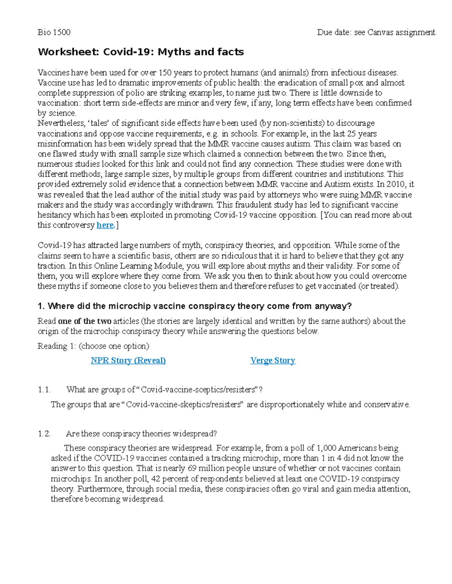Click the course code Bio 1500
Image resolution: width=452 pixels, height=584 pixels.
[x=54, y=32]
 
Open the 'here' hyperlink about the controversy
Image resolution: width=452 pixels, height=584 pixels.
[x=105, y=225]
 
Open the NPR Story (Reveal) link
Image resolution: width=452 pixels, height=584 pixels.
[x=128, y=361]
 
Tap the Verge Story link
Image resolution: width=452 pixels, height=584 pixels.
[x=273, y=361]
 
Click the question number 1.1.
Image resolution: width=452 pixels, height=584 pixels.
[x=44, y=390]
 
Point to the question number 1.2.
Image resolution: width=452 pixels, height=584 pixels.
[x=44, y=434]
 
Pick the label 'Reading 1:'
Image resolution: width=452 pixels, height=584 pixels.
[x=57, y=346]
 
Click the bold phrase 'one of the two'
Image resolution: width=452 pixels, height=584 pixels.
[x=85, y=322]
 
